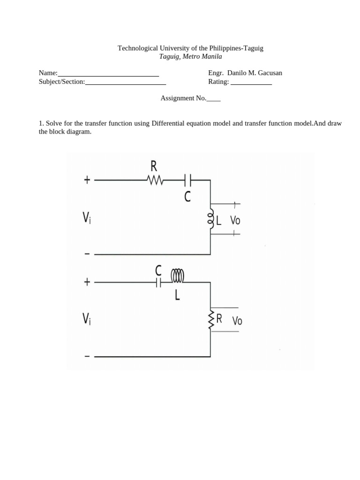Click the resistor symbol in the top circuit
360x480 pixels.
(154, 180)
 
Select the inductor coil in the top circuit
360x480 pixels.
(211, 219)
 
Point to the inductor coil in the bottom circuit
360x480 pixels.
(178, 276)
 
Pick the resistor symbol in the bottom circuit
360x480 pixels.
(211, 319)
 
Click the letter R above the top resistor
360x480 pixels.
(154, 165)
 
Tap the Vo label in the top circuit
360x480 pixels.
(235, 220)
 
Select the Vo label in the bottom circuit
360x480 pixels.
(237, 321)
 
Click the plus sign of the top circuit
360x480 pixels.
(87, 180)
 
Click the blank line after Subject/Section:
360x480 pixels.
(126, 84)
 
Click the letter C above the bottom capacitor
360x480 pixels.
(158, 270)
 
